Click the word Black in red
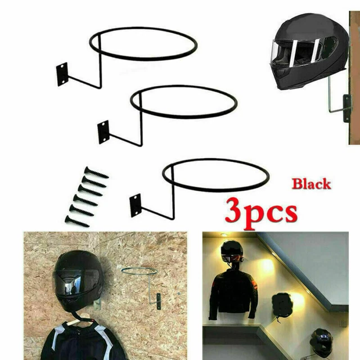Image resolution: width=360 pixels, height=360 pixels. pyautogui.click(x=311, y=184)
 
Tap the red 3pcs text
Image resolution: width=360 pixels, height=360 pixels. pyautogui.click(x=261, y=213)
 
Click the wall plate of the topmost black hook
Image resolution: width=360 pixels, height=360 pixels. pyautogui.click(x=62, y=74)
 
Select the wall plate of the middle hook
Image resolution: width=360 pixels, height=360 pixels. pyautogui.click(x=103, y=132)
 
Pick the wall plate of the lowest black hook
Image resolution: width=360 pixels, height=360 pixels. pyautogui.click(x=135, y=205)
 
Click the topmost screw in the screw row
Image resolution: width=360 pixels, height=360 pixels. pyautogui.click(x=96, y=173)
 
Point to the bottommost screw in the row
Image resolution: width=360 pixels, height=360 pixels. pyautogui.click(x=77, y=221)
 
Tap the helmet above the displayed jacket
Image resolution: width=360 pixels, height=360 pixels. pyautogui.click(x=232, y=252)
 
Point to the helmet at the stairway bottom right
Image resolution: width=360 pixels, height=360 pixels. pyautogui.click(x=321, y=343)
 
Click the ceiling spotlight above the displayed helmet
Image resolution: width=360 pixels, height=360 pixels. pyautogui.click(x=223, y=235)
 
